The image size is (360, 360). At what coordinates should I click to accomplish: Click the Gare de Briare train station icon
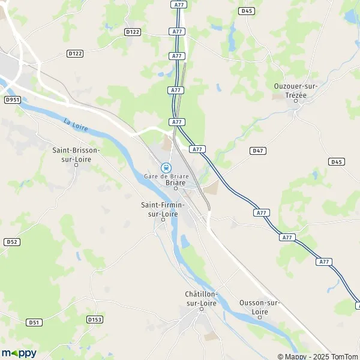pos(167,167)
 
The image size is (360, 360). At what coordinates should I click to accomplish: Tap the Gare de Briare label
pos(167,176)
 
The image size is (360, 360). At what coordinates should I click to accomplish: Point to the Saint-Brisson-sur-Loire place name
pos(76,154)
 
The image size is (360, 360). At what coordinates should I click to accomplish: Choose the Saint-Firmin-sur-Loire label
pos(163,209)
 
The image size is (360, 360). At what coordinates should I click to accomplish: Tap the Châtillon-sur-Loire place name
pos(202,298)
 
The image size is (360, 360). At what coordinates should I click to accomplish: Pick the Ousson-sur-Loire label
pos(259,307)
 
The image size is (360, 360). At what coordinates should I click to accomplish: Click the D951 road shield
pos(13,100)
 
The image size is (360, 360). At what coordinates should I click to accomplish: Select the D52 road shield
pos(11,242)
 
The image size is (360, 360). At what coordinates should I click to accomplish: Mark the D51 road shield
pos(34,322)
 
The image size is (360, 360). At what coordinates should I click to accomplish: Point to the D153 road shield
pos(94,320)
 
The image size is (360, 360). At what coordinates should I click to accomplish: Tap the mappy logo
pos(19,353)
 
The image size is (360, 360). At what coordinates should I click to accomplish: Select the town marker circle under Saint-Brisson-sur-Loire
pos(76,165)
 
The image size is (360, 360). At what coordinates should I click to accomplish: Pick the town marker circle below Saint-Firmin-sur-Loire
pos(163,220)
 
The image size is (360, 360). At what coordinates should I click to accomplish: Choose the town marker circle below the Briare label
pos(175,188)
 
